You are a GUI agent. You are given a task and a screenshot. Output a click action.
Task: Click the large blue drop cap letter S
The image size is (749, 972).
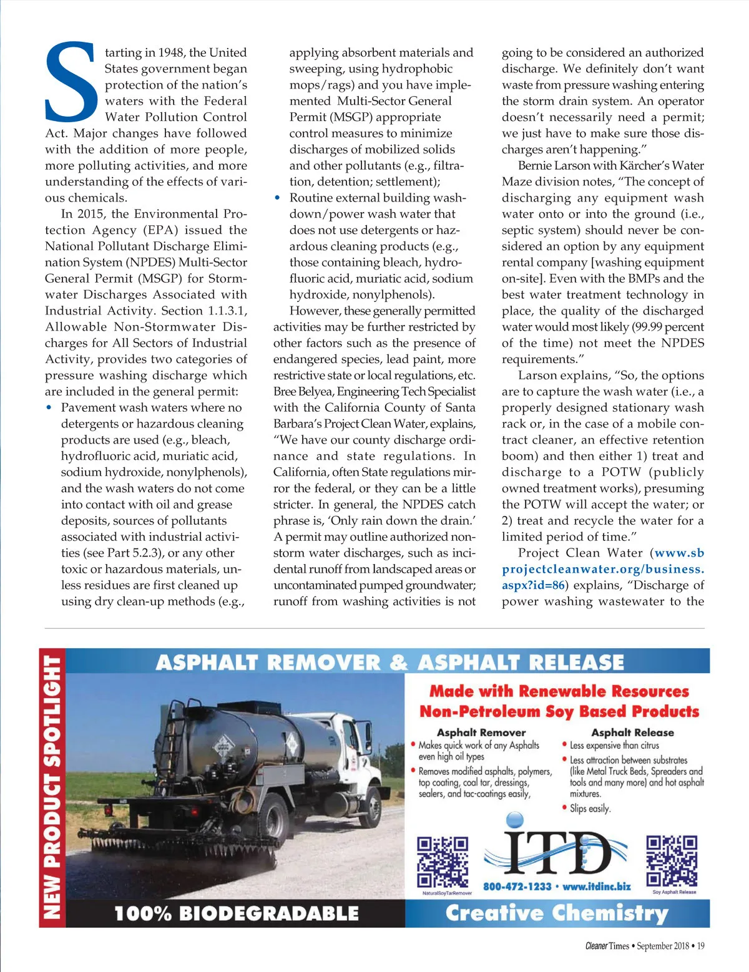(x=71, y=83)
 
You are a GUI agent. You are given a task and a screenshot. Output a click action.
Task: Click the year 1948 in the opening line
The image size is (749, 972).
(x=171, y=52)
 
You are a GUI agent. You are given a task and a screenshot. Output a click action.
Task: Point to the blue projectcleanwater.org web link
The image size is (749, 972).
(x=603, y=569)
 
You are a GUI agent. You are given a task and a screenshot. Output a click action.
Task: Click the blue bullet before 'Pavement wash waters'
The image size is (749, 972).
(x=49, y=407)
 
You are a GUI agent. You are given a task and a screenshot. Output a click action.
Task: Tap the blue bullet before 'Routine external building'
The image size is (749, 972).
(x=278, y=198)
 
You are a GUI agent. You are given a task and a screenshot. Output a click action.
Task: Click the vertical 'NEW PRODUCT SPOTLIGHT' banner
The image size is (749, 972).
(x=52, y=787)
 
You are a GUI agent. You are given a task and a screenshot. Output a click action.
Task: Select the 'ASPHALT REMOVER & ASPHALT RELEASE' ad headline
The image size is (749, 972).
(x=389, y=662)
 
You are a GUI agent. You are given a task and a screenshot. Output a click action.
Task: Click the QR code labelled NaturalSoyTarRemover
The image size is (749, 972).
(x=443, y=862)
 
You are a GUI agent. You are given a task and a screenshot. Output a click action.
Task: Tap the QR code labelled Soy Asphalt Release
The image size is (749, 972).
(x=672, y=860)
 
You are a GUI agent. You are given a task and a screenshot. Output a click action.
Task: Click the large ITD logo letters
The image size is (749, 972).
(x=557, y=852)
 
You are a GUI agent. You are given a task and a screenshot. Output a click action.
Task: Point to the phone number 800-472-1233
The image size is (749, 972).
(x=517, y=887)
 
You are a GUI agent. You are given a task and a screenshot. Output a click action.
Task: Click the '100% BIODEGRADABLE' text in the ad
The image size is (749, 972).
(x=237, y=914)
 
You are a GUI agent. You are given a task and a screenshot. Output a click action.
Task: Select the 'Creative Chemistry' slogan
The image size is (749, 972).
(x=557, y=913)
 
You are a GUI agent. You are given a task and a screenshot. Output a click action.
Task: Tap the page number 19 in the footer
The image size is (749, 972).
(x=700, y=946)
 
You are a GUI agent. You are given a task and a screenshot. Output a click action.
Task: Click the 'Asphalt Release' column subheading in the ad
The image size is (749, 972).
(x=632, y=732)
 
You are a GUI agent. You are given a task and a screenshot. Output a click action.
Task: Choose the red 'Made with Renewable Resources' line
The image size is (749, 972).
(x=559, y=691)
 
